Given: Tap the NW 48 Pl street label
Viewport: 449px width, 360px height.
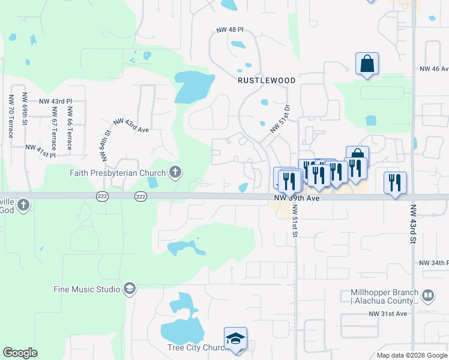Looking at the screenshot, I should (230, 29).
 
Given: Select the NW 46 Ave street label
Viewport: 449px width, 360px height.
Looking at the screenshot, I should (434, 69).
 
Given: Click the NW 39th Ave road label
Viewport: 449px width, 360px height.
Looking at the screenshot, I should (294, 198).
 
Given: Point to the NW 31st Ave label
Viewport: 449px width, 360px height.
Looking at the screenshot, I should (388, 314).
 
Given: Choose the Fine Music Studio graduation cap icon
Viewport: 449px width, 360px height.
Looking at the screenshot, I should (129, 289).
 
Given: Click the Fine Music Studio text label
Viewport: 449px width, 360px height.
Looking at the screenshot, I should (86, 289).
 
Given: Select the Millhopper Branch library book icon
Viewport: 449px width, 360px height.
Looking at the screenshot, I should (427, 296).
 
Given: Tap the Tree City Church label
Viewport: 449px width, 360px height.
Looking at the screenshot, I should (194, 348).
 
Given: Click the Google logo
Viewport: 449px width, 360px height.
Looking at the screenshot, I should (20, 353).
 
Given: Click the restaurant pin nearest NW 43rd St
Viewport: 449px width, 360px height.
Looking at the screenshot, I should (395, 182).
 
